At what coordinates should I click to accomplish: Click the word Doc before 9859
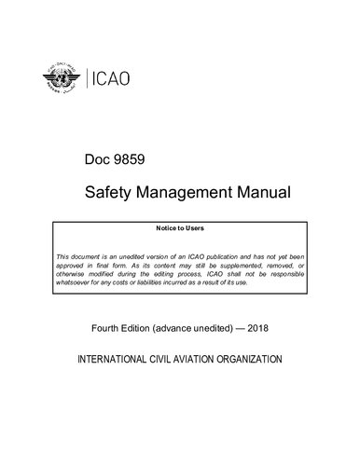click(99, 160)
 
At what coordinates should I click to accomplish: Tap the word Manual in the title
click(268, 194)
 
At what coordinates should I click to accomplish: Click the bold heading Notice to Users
click(180, 227)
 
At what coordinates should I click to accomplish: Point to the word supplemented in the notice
click(244, 265)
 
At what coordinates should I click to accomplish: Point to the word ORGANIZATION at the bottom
click(266, 359)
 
